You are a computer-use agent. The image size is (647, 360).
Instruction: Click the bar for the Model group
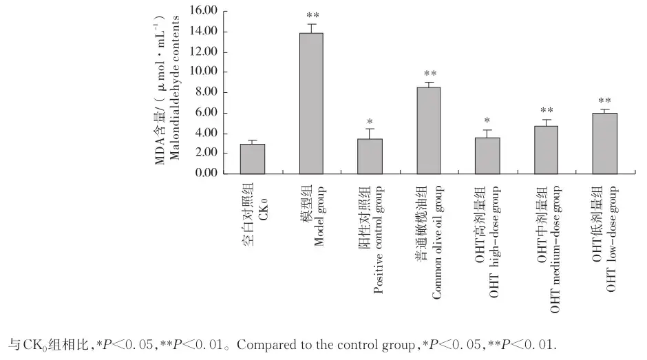pos(312,103)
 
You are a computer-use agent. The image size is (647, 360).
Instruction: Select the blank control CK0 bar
pos(253,159)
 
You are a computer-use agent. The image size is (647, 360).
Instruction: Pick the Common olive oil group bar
pos(429,131)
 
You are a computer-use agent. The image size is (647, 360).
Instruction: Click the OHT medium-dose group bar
pos(547,150)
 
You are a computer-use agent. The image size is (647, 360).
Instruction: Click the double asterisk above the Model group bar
pos(312,15)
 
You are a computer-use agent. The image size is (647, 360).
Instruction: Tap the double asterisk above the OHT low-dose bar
pos(605,100)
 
